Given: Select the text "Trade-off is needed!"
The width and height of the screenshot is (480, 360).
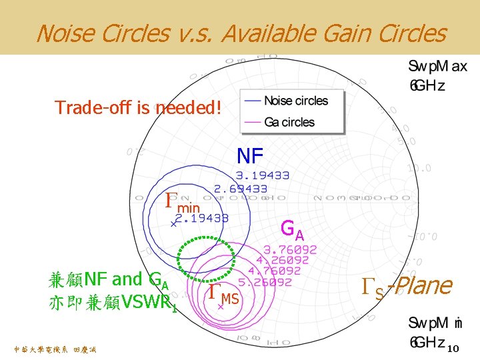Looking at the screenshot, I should click(137, 107).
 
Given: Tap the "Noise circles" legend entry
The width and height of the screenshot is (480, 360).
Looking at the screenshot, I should click(296, 101).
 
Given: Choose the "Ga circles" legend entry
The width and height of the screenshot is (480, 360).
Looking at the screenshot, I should click(289, 122).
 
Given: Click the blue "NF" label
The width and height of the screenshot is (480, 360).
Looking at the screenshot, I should click(251, 156).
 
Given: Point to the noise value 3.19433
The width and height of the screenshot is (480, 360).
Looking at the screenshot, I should click(263, 176).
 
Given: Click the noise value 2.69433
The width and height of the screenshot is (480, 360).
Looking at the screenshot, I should click(240, 189).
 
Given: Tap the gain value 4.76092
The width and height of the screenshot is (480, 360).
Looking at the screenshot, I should click(274, 271).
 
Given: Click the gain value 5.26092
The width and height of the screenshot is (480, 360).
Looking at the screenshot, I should click(265, 282).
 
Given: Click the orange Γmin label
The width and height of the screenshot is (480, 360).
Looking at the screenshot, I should click(182, 201).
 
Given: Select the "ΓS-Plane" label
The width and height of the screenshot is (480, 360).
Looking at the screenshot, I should click(407, 286).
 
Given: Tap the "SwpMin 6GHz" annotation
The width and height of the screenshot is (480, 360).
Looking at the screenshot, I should click(434, 331).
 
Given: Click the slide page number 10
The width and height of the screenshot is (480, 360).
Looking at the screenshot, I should click(453, 349).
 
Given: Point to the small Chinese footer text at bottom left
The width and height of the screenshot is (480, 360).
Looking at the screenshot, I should click(55, 349).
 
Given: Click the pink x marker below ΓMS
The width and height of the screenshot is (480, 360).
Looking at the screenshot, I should click(221, 308).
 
